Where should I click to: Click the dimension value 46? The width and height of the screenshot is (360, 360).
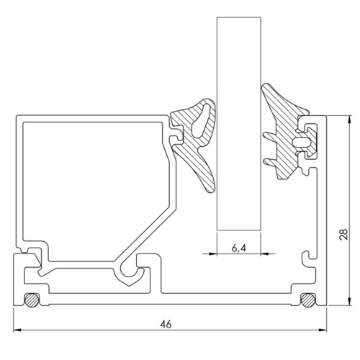point(166,325)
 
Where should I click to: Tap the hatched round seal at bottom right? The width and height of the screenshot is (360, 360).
point(306,299)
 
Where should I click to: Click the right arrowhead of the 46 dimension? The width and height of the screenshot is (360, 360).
point(325,332)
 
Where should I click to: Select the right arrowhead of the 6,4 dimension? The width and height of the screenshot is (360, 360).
point(258,253)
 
